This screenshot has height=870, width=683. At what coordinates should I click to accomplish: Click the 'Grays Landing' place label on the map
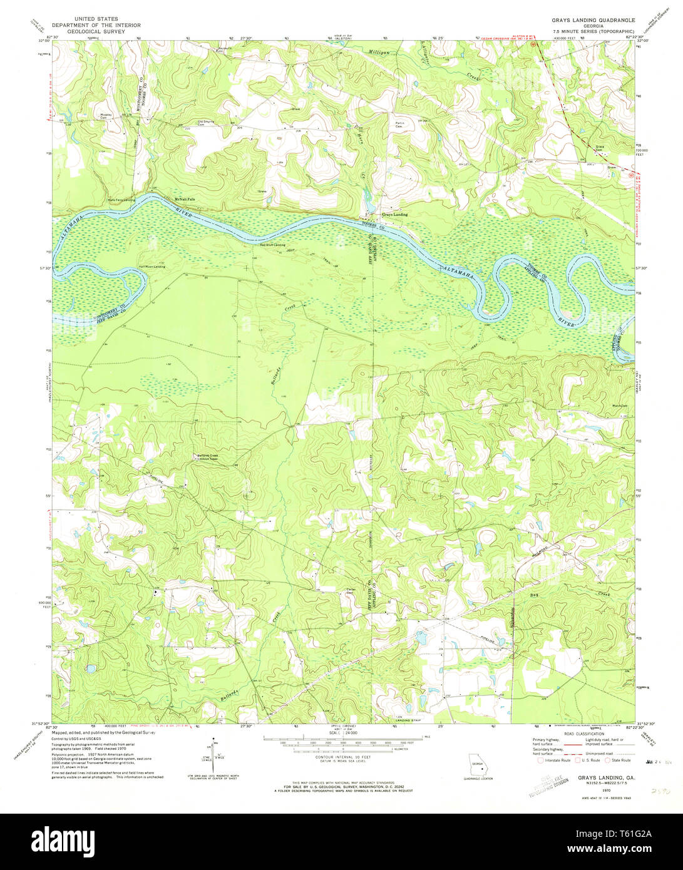click(394, 215)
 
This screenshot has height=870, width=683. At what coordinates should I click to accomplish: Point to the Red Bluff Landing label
click(272, 245)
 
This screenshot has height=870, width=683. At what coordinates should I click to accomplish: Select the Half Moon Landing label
click(152, 267)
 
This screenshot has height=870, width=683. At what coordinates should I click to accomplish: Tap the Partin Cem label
click(401, 124)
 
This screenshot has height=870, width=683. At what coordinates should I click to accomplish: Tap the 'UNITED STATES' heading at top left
click(96, 19)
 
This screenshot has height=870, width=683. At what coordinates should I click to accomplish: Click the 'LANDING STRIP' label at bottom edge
click(408, 720)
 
